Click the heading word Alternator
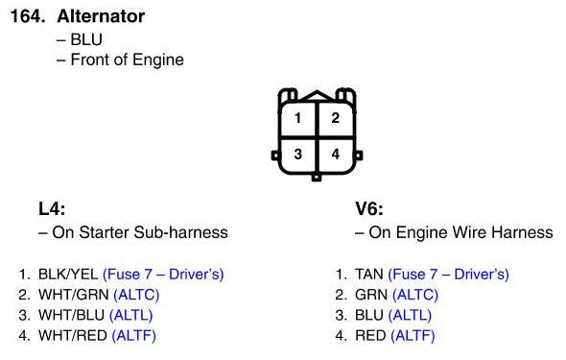(101, 16)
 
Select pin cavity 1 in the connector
(297, 119)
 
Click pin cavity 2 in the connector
(336, 119)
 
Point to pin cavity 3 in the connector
(297, 156)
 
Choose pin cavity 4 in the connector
(336, 156)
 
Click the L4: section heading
(52, 208)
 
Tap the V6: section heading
(369, 208)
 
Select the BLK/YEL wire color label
(68, 275)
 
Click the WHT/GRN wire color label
(74, 295)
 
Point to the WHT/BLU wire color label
(72, 315)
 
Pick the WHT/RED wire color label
(73, 336)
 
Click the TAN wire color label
(369, 275)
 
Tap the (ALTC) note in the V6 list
(415, 295)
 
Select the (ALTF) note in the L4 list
(134, 336)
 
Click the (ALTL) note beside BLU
(410, 315)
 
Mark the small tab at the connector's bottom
(317, 178)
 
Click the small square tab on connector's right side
(358, 156)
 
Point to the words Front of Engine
(127, 60)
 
